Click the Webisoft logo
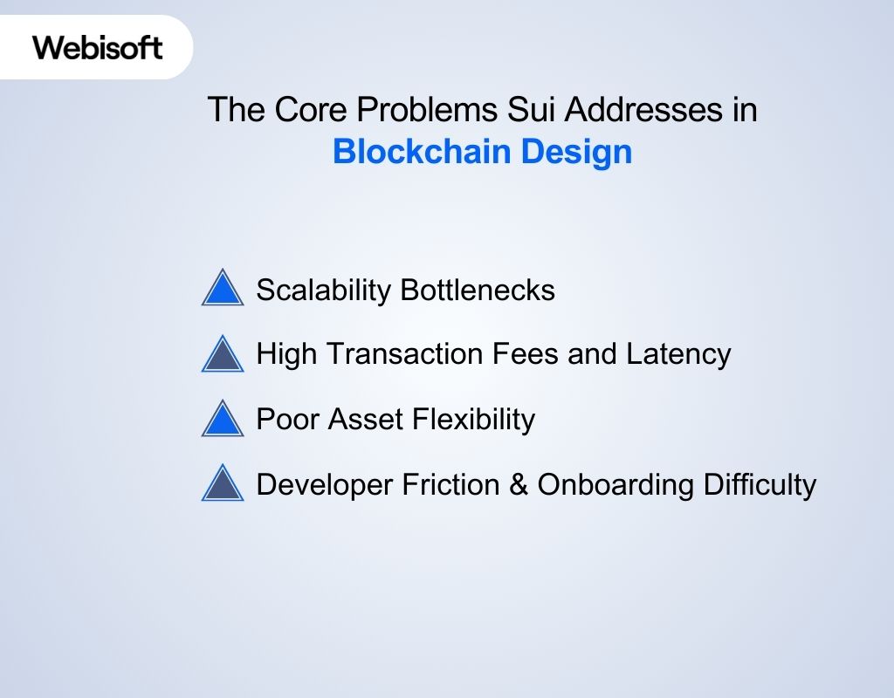(x=98, y=47)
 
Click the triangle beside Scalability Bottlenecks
(x=223, y=289)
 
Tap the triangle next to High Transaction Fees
(x=223, y=354)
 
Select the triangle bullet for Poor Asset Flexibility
(x=223, y=420)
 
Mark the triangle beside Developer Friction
(x=223, y=484)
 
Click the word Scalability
(x=323, y=290)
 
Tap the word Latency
(x=678, y=354)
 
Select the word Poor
(x=287, y=420)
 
